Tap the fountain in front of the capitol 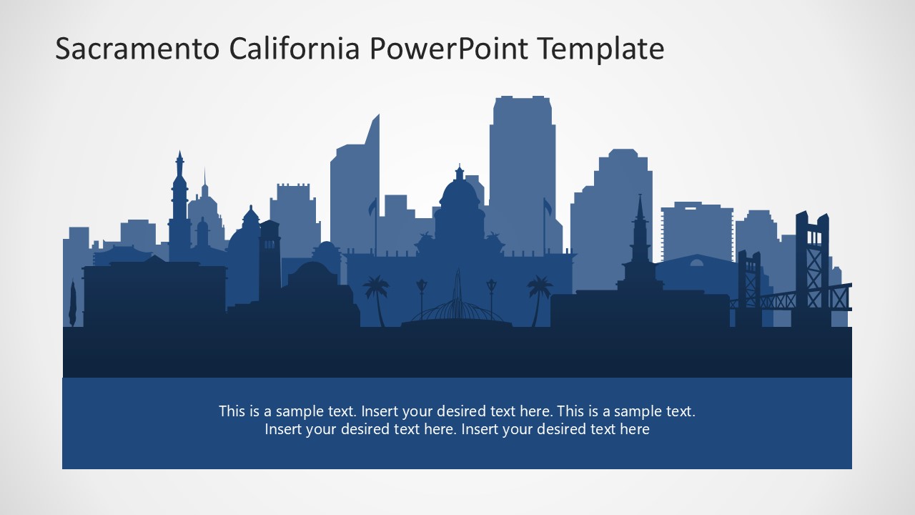click(457, 304)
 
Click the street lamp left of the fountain click(421, 293)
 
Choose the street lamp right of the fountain click(491, 293)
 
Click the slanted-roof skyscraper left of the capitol click(355, 186)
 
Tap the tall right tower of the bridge click(812, 265)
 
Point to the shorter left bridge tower click(749, 283)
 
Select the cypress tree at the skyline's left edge click(72, 303)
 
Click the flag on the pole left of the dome click(372, 207)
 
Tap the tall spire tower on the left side click(179, 200)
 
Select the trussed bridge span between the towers click(779, 298)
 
